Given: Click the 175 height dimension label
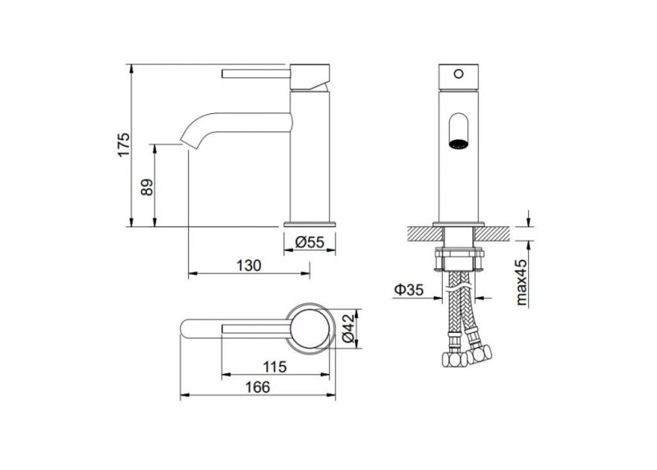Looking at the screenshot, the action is coord(124,144).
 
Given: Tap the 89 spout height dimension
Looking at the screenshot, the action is coord(147,188).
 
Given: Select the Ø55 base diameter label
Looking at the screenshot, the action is coord(310,242).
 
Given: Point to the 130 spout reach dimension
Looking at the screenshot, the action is coord(249,265).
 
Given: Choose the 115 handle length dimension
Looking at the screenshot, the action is coord(274,367).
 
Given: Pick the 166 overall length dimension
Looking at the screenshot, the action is coord(257,387).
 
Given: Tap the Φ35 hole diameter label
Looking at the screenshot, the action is coord(409,290).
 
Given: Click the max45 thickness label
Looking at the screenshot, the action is coord(521,281).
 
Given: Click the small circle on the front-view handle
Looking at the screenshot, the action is coord(459,74).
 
